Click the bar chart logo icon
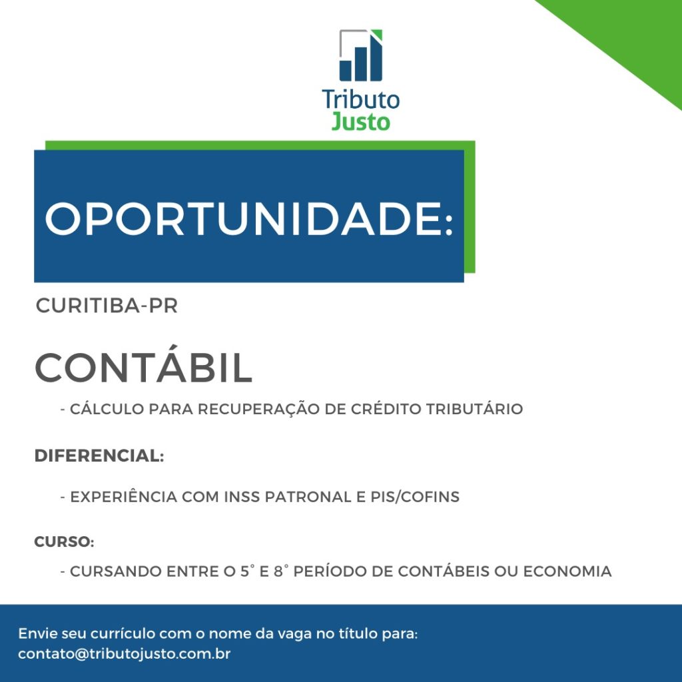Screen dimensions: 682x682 360,55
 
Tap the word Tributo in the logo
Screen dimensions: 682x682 360,100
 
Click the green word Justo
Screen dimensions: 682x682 360,121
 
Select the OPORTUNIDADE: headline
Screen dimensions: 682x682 249,218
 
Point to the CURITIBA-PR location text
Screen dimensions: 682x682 107,306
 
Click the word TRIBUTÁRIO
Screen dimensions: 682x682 474,409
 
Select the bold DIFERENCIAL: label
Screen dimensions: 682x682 99,456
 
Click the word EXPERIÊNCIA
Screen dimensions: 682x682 123,496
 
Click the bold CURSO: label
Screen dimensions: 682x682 65,542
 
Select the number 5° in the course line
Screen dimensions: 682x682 245,571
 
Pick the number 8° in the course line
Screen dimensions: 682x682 279,571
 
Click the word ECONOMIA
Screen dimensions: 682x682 567,571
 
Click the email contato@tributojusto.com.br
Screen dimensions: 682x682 125,654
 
